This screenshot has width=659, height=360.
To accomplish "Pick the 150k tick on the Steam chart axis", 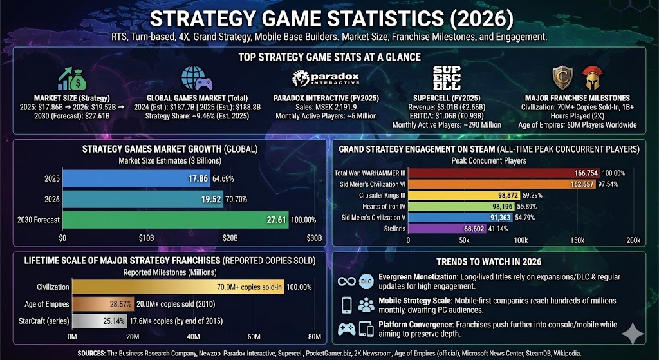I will (x=577, y=240).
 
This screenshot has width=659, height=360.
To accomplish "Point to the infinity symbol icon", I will (x=346, y=281).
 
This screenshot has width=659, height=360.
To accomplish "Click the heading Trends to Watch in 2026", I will (x=488, y=262).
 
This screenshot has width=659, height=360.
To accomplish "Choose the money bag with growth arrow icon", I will (x=73, y=79).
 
